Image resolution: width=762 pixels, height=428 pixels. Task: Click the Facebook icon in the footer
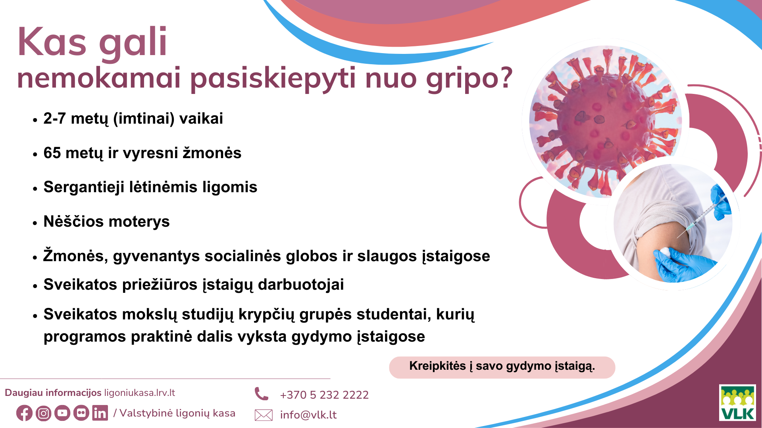(x=24, y=413)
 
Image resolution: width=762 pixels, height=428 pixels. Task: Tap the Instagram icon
(x=43, y=413)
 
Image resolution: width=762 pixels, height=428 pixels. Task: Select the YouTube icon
(x=62, y=413)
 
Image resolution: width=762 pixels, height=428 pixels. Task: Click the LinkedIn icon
(x=100, y=413)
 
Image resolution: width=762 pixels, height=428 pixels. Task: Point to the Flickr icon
(x=81, y=413)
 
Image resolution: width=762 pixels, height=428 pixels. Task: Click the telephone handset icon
(x=262, y=394)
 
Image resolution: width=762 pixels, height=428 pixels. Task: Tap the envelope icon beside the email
(x=264, y=415)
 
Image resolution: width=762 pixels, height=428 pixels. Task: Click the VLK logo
(x=737, y=403)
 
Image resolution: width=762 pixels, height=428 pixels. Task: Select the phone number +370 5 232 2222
(x=324, y=395)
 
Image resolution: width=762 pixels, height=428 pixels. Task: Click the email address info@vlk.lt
(x=308, y=415)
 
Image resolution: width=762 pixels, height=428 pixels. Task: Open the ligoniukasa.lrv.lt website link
(x=139, y=393)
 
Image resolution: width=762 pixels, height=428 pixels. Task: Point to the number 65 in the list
(x=52, y=153)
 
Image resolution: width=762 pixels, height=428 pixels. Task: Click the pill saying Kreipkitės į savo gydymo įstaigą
(x=502, y=367)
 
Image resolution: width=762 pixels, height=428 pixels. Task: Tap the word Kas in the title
(x=52, y=42)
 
